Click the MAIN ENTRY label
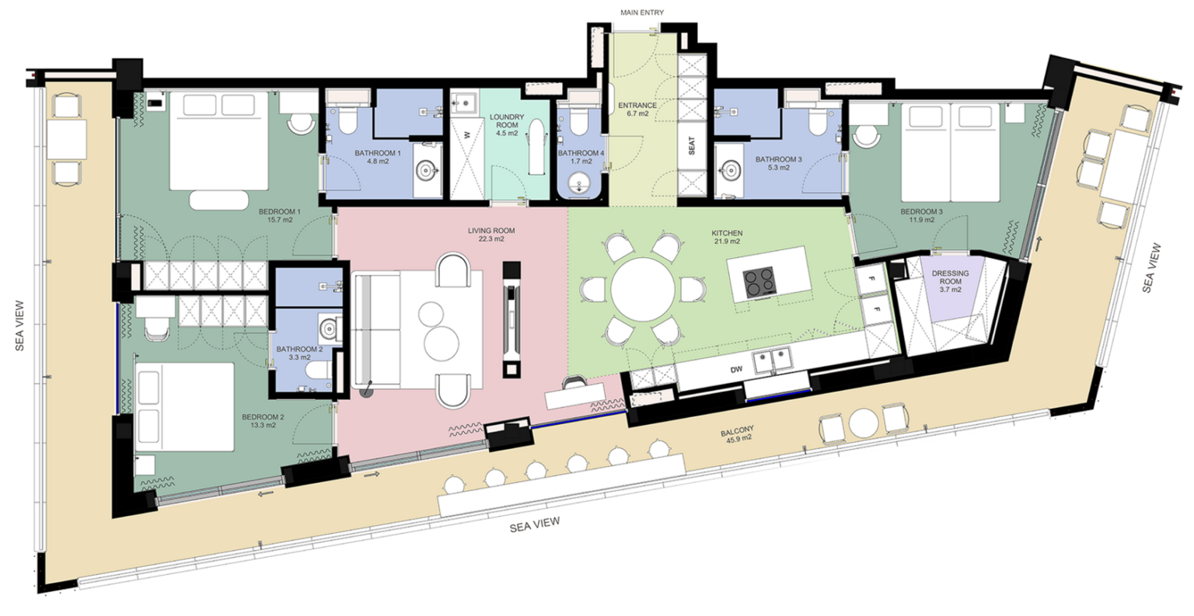(x=642, y=12)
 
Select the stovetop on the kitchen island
(x=759, y=281)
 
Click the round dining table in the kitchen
(x=643, y=290)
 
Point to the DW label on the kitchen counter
(x=736, y=369)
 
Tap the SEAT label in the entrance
(x=691, y=145)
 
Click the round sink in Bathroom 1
(x=427, y=171)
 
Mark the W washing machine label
(x=467, y=135)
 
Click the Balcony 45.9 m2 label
(x=737, y=433)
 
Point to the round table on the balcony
(x=864, y=423)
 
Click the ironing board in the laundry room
(x=537, y=147)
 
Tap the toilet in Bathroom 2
(x=319, y=370)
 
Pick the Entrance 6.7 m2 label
(x=637, y=110)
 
